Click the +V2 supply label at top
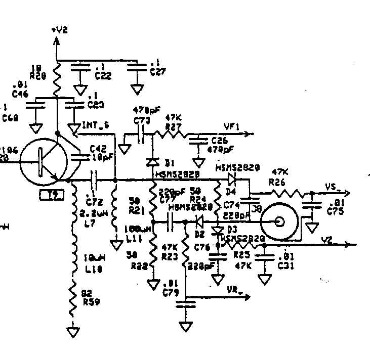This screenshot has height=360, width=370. point(59,30)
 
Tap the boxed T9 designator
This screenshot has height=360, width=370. point(52,195)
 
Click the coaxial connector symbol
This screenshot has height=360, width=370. point(279,221)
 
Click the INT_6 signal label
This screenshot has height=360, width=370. point(94,124)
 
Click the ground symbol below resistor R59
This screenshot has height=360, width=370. point(74,332)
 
